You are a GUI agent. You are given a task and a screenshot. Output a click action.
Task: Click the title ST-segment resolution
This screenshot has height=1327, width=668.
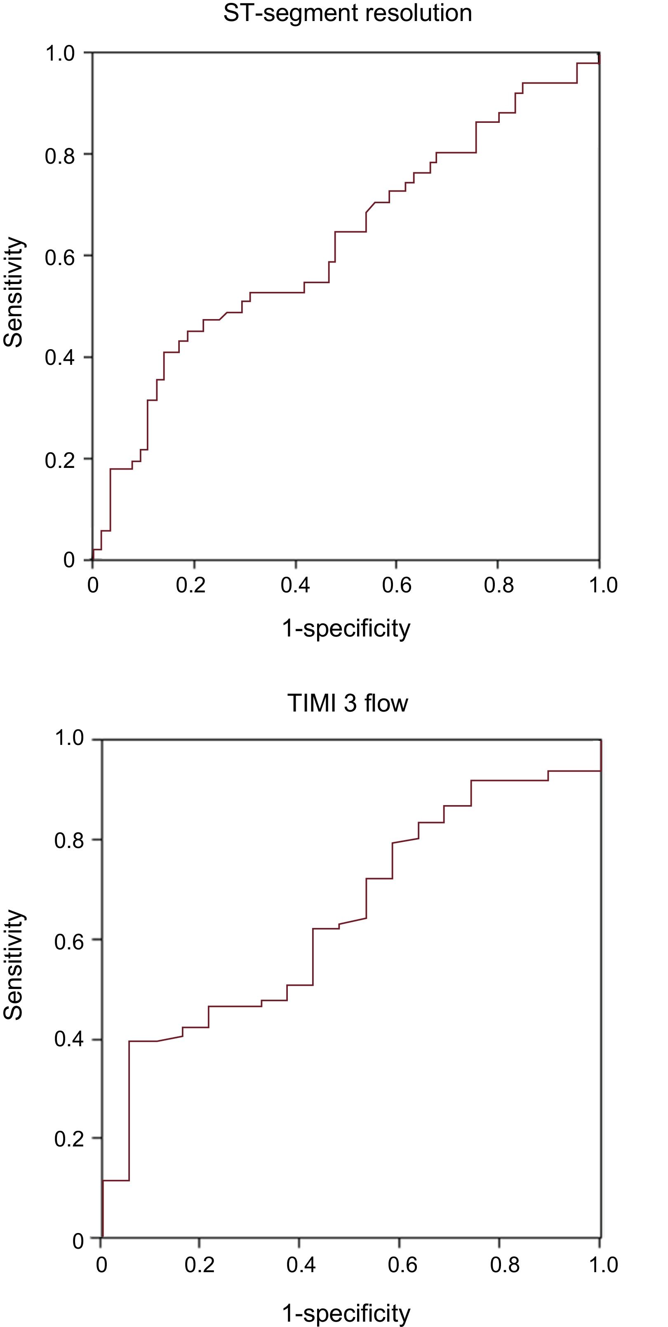[x=347, y=13]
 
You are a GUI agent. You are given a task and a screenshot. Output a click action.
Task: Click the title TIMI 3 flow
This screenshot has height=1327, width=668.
[x=347, y=703]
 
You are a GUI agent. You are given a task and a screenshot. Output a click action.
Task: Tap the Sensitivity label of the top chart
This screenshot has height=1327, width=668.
[x=13, y=292]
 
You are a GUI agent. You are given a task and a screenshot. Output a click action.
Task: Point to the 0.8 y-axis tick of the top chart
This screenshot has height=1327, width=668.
[x=60, y=155]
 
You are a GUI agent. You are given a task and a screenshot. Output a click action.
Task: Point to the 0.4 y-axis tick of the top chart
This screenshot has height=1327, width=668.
[x=60, y=357]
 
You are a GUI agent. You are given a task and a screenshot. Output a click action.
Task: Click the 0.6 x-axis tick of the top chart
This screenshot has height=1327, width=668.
[x=396, y=585]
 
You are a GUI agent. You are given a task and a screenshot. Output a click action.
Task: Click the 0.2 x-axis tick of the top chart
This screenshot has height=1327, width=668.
[x=190, y=585]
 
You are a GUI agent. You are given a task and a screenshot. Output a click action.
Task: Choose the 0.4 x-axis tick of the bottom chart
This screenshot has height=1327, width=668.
[x=301, y=1265]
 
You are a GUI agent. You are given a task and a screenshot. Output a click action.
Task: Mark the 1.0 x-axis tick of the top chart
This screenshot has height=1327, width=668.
[x=603, y=585]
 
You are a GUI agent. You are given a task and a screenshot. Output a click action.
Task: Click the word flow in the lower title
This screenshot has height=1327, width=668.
[x=386, y=703]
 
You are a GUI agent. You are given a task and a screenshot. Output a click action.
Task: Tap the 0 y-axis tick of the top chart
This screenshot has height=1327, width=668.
[x=69, y=560]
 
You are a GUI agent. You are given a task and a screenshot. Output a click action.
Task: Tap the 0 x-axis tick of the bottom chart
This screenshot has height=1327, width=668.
[x=101, y=1265]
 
